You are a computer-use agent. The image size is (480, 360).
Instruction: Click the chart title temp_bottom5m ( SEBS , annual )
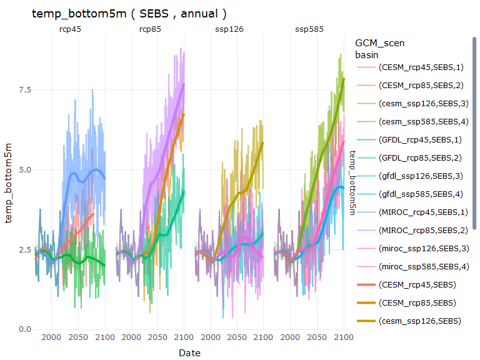click(x=129, y=13)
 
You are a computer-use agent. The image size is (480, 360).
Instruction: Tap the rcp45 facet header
click(x=70, y=29)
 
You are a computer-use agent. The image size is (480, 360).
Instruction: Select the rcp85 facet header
click(x=149, y=29)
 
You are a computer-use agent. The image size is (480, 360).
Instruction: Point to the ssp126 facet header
click(x=229, y=29)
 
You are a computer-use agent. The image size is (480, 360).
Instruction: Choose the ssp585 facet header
click(x=308, y=29)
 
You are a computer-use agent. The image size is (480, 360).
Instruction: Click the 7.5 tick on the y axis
click(x=23, y=90)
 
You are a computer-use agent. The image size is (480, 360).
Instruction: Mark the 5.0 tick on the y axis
click(x=23, y=169)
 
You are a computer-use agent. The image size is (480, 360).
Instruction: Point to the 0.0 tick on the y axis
click(x=23, y=329)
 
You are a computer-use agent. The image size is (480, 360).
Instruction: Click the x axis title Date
click(x=189, y=353)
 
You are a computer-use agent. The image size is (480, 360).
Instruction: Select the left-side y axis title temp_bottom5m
click(x=9, y=181)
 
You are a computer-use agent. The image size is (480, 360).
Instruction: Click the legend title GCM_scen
click(x=379, y=43)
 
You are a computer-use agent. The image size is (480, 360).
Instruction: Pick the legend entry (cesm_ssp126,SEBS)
click(x=419, y=321)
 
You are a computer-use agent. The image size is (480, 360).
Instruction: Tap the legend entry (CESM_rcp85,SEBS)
click(x=419, y=302)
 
